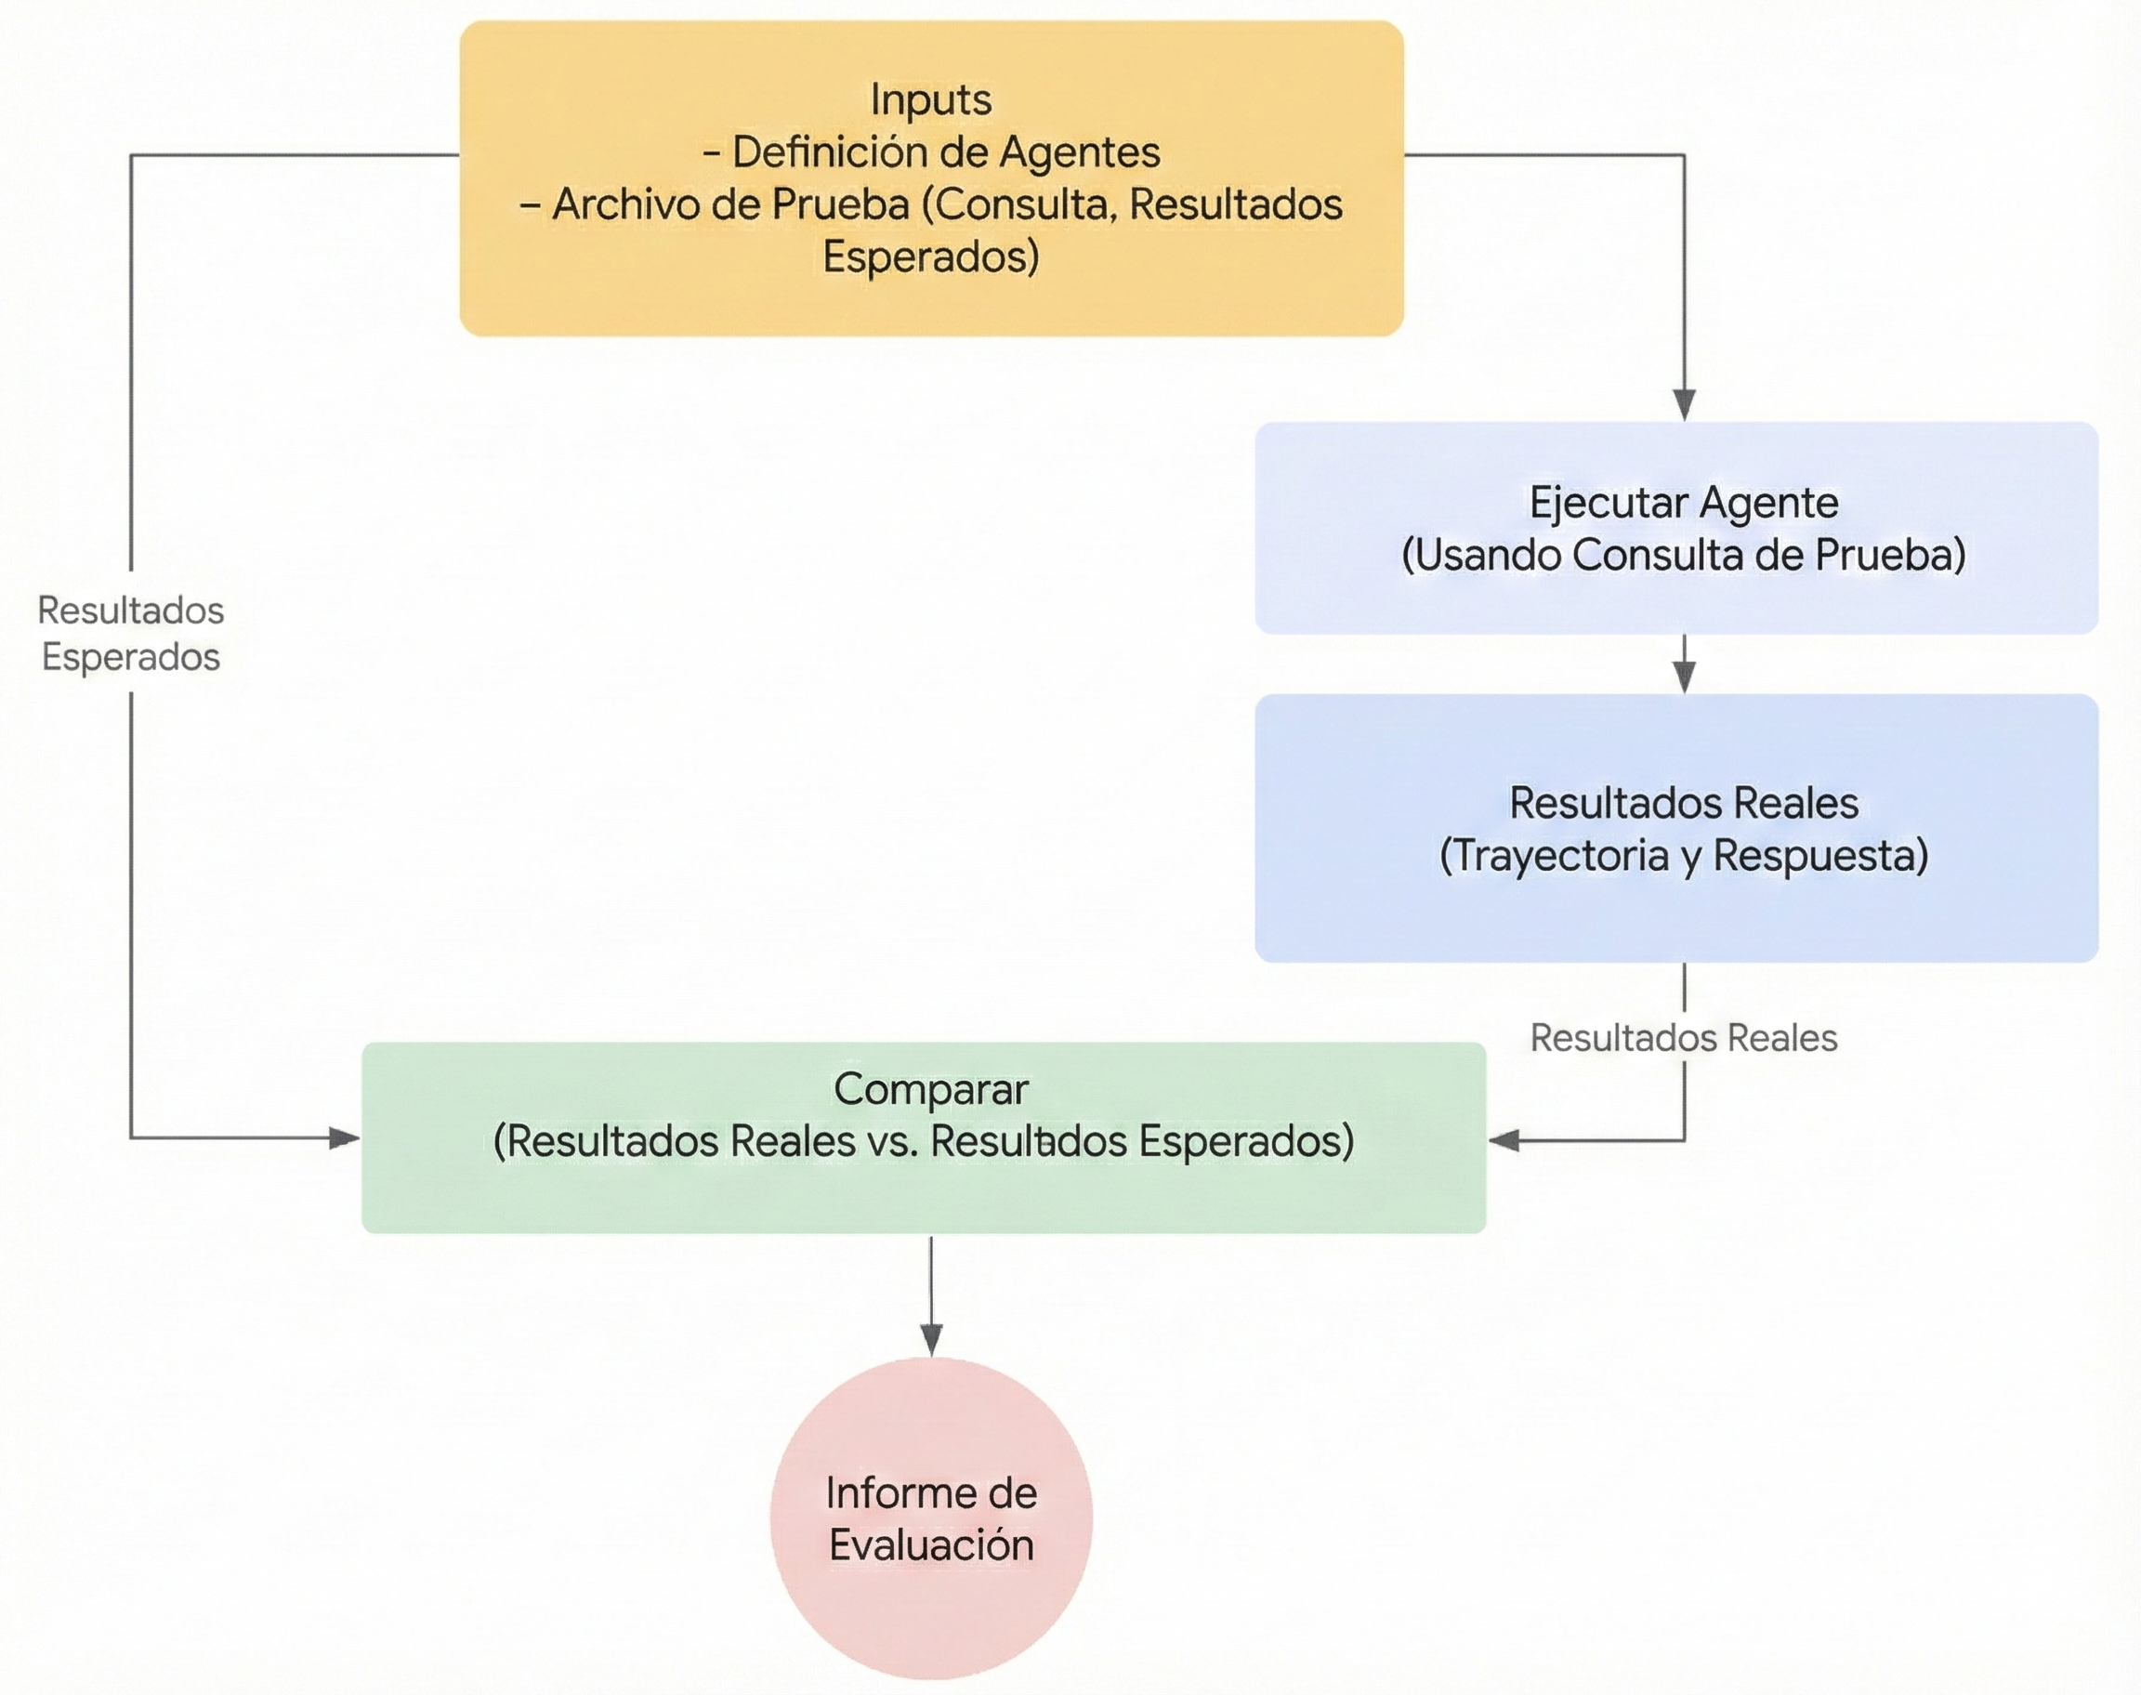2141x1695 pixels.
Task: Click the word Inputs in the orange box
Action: (930, 100)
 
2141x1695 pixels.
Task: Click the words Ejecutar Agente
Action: (1684, 502)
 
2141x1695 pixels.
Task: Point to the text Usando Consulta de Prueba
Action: (1684, 555)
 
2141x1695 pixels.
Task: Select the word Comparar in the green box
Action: (930, 1089)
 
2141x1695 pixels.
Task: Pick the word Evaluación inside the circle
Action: (930, 1545)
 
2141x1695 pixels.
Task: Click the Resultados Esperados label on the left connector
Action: (131, 633)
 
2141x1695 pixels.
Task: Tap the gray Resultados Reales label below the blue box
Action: (1684, 1038)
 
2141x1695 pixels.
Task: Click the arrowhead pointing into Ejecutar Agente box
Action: (1684, 404)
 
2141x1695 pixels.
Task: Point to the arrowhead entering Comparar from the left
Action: (344, 1137)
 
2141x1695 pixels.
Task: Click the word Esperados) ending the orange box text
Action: (930, 257)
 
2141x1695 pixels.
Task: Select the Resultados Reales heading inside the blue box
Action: (1684, 803)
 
